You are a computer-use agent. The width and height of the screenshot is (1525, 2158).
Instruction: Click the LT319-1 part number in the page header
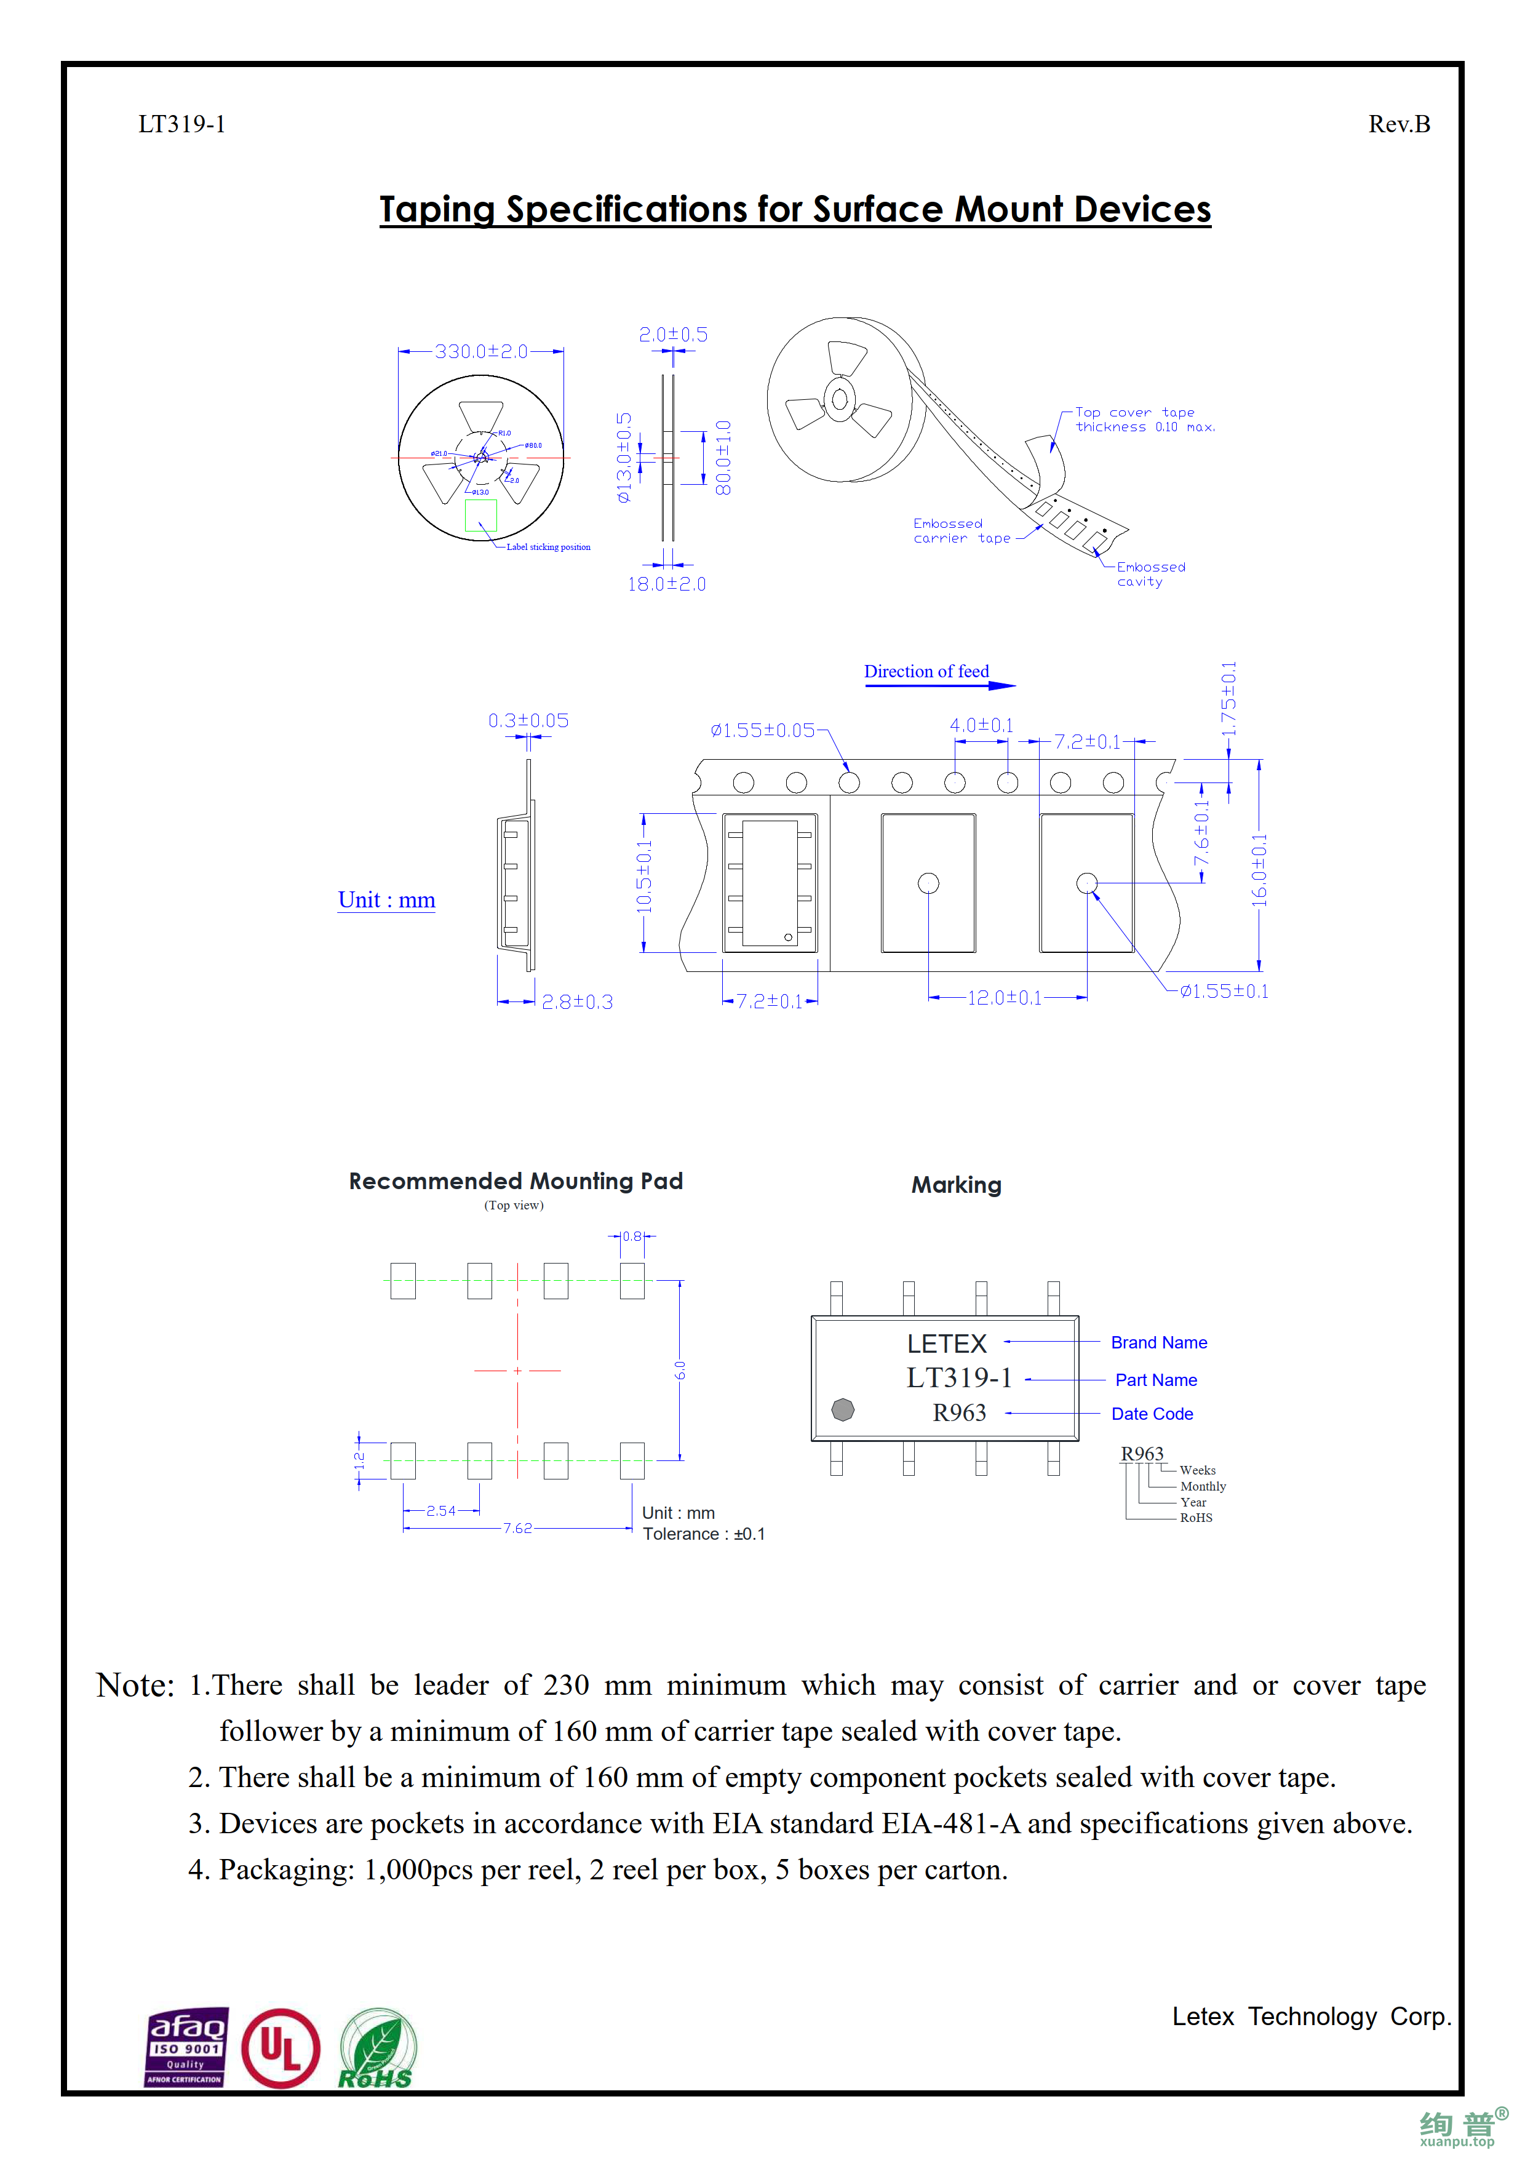pyautogui.click(x=181, y=124)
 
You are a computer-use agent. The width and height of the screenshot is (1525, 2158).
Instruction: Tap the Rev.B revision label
pyautogui.click(x=1398, y=124)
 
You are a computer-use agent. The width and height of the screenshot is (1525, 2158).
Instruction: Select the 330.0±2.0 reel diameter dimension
pyautogui.click(x=480, y=351)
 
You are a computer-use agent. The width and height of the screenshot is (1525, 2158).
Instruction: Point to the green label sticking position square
pyautogui.click(x=480, y=515)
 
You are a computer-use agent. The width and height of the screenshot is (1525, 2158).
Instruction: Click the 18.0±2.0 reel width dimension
pyautogui.click(x=666, y=584)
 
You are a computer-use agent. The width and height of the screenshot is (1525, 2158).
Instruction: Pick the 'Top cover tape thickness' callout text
pyautogui.click(x=1144, y=419)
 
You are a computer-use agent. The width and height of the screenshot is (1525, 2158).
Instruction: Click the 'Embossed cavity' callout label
pyautogui.click(x=1150, y=575)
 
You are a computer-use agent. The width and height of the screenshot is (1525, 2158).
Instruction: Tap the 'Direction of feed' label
pyautogui.click(x=926, y=671)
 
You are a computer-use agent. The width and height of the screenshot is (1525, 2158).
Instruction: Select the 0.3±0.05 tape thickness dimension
pyautogui.click(x=528, y=721)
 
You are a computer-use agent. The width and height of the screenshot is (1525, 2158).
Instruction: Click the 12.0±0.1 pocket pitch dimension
pyautogui.click(x=1005, y=998)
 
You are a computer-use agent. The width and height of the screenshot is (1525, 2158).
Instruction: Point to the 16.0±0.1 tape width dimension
pyautogui.click(x=1259, y=870)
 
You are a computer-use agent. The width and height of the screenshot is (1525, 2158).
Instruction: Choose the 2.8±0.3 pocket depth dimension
pyautogui.click(x=577, y=1002)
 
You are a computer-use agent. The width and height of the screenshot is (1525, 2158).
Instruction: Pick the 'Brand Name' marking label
pyautogui.click(x=1158, y=1342)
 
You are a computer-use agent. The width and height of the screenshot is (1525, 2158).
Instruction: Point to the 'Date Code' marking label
pyautogui.click(x=1152, y=1414)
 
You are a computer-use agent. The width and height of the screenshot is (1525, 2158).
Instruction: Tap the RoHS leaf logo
pyautogui.click(x=376, y=2049)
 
